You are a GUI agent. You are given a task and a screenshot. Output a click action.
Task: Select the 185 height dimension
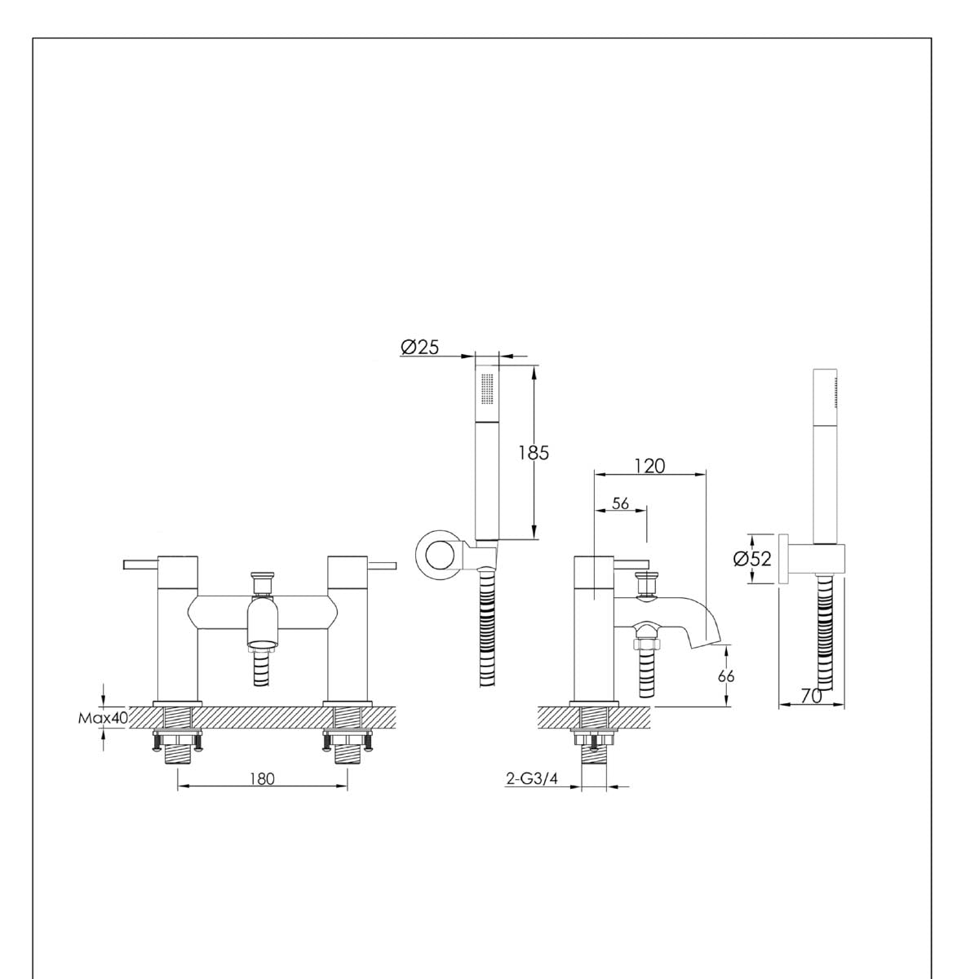[x=534, y=453]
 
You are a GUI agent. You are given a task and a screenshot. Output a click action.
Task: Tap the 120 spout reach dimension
[x=649, y=466]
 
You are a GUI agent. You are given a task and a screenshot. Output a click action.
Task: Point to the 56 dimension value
[x=620, y=503]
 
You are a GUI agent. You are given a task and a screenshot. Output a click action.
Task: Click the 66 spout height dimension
[x=726, y=676]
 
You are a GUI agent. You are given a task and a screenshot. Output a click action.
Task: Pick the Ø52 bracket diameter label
[x=752, y=559]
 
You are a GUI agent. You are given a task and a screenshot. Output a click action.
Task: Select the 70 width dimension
[x=810, y=696]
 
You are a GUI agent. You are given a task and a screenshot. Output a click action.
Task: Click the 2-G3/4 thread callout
[x=531, y=779]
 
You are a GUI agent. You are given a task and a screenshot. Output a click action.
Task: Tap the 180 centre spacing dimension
[x=262, y=778]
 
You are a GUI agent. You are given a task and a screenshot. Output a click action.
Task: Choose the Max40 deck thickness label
[x=103, y=719]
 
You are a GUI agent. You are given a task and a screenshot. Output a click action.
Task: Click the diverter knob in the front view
[x=261, y=582]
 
